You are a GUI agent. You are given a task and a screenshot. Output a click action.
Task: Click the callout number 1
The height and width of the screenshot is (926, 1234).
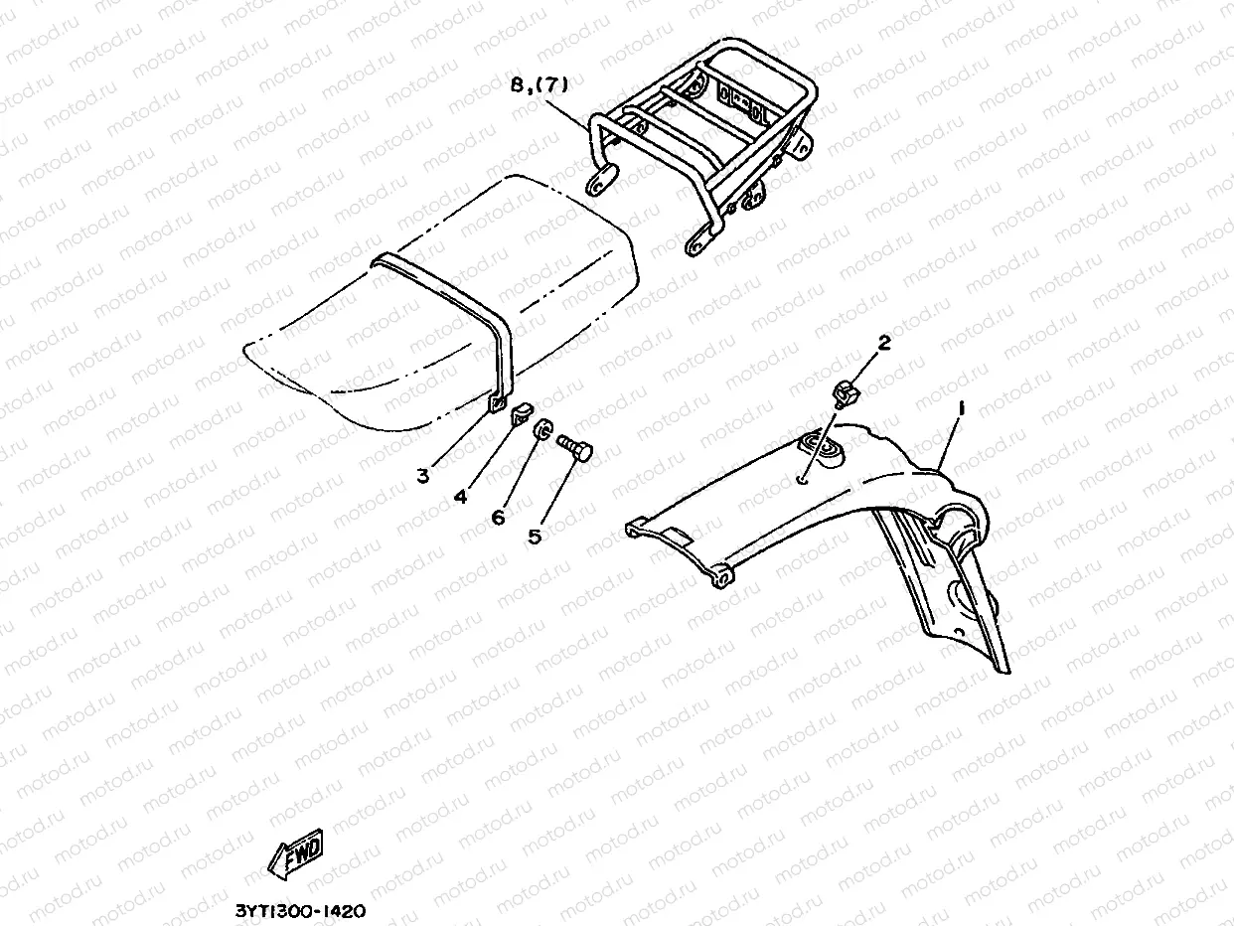click(960, 407)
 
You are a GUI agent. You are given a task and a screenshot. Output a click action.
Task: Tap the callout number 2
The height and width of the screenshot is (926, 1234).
click(883, 344)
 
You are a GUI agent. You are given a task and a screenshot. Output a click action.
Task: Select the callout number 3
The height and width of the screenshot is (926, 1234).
click(423, 476)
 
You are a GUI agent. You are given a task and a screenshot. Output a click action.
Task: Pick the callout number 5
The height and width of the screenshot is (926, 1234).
click(535, 537)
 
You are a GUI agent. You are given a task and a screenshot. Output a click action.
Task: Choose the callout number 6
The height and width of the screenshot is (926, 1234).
click(498, 517)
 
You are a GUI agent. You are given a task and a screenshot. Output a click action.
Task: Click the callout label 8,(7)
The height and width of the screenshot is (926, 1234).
click(539, 85)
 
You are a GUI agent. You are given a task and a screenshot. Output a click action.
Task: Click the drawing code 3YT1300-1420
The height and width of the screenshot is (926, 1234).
click(301, 909)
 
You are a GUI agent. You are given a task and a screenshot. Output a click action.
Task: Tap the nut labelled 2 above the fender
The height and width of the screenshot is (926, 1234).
click(846, 392)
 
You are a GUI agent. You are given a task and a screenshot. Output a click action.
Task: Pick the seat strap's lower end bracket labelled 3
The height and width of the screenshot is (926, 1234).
click(496, 402)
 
